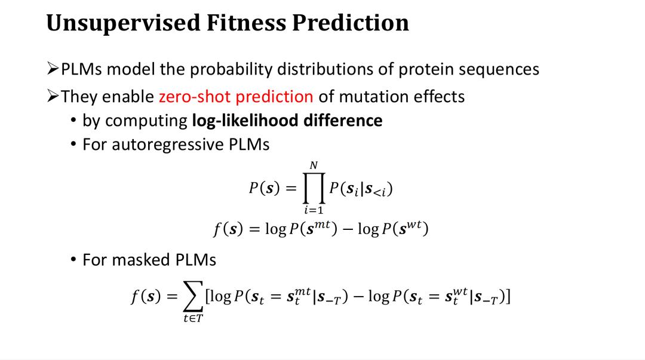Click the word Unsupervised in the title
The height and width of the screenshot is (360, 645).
click(122, 23)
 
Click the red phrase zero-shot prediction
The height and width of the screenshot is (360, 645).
click(236, 97)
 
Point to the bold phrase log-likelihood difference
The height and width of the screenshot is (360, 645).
click(287, 121)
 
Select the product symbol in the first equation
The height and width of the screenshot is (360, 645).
click(314, 189)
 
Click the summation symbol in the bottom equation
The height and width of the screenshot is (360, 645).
click(193, 296)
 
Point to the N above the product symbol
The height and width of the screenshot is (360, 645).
click(314, 165)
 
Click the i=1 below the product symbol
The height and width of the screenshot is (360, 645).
click(314, 210)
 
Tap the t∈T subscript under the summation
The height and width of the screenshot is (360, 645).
click(193, 318)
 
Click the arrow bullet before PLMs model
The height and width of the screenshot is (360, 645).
click(53, 69)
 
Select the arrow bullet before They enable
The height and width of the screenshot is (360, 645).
click(53, 96)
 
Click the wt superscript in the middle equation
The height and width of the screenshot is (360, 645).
click(414, 224)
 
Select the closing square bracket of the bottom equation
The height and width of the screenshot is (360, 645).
click(508, 296)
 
